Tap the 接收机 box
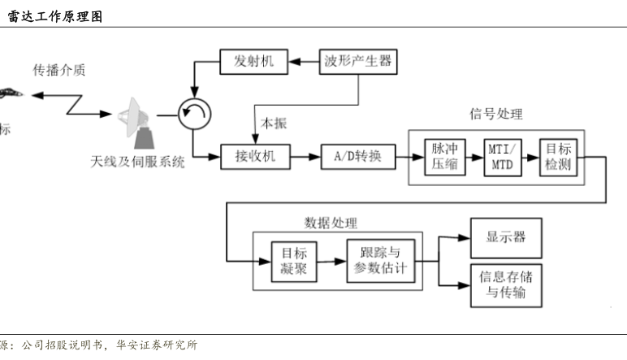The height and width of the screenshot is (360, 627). point(254,157)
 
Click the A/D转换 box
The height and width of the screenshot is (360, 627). point(357,157)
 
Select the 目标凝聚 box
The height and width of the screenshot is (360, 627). point(288,262)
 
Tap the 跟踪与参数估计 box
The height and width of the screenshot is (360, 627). point(380,261)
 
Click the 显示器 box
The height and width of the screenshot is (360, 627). point(506,238)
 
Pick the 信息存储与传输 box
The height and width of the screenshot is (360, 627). point(506,284)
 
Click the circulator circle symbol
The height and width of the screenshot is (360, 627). point(193,115)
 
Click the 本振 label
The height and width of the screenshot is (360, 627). point(272,124)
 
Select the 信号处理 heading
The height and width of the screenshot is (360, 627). point(496,114)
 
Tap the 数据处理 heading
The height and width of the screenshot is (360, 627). point(331,223)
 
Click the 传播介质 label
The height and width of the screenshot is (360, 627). point(59,70)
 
